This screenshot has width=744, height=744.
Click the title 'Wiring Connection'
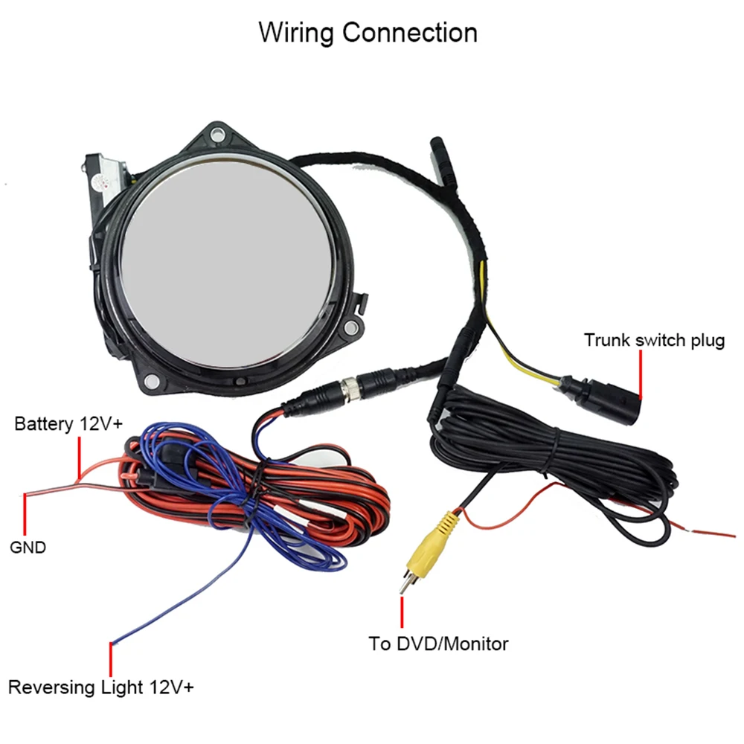tap(368, 33)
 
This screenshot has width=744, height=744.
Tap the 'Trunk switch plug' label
tap(654, 340)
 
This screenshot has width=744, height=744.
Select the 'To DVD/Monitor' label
tap(438, 644)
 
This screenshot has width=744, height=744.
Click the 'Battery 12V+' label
tap(68, 424)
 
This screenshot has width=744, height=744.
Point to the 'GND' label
tap(28, 547)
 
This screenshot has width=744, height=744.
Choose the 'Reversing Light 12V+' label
tap(101, 687)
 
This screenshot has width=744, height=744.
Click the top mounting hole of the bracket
tap(217, 134)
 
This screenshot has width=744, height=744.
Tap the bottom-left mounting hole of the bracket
tap(151, 380)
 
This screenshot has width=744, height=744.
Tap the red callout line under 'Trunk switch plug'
tap(641, 374)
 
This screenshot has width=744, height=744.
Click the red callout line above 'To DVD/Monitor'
tap(402, 612)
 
